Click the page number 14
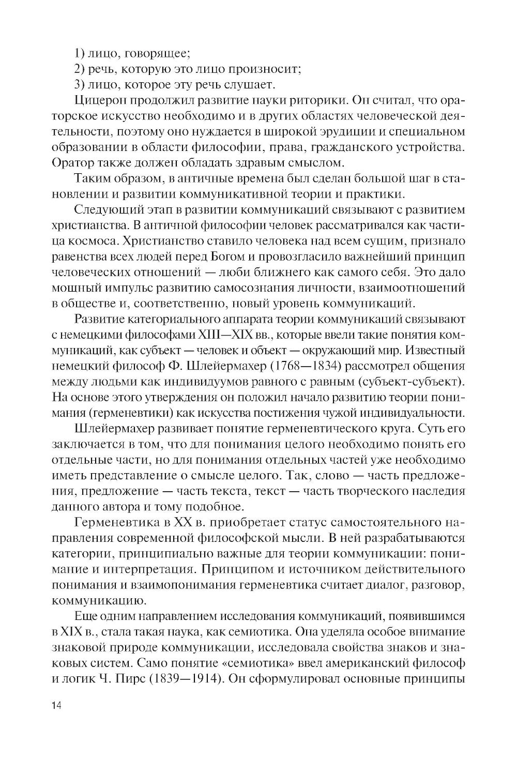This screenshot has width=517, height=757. coord(56,706)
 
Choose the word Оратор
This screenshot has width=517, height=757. coord(72,162)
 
